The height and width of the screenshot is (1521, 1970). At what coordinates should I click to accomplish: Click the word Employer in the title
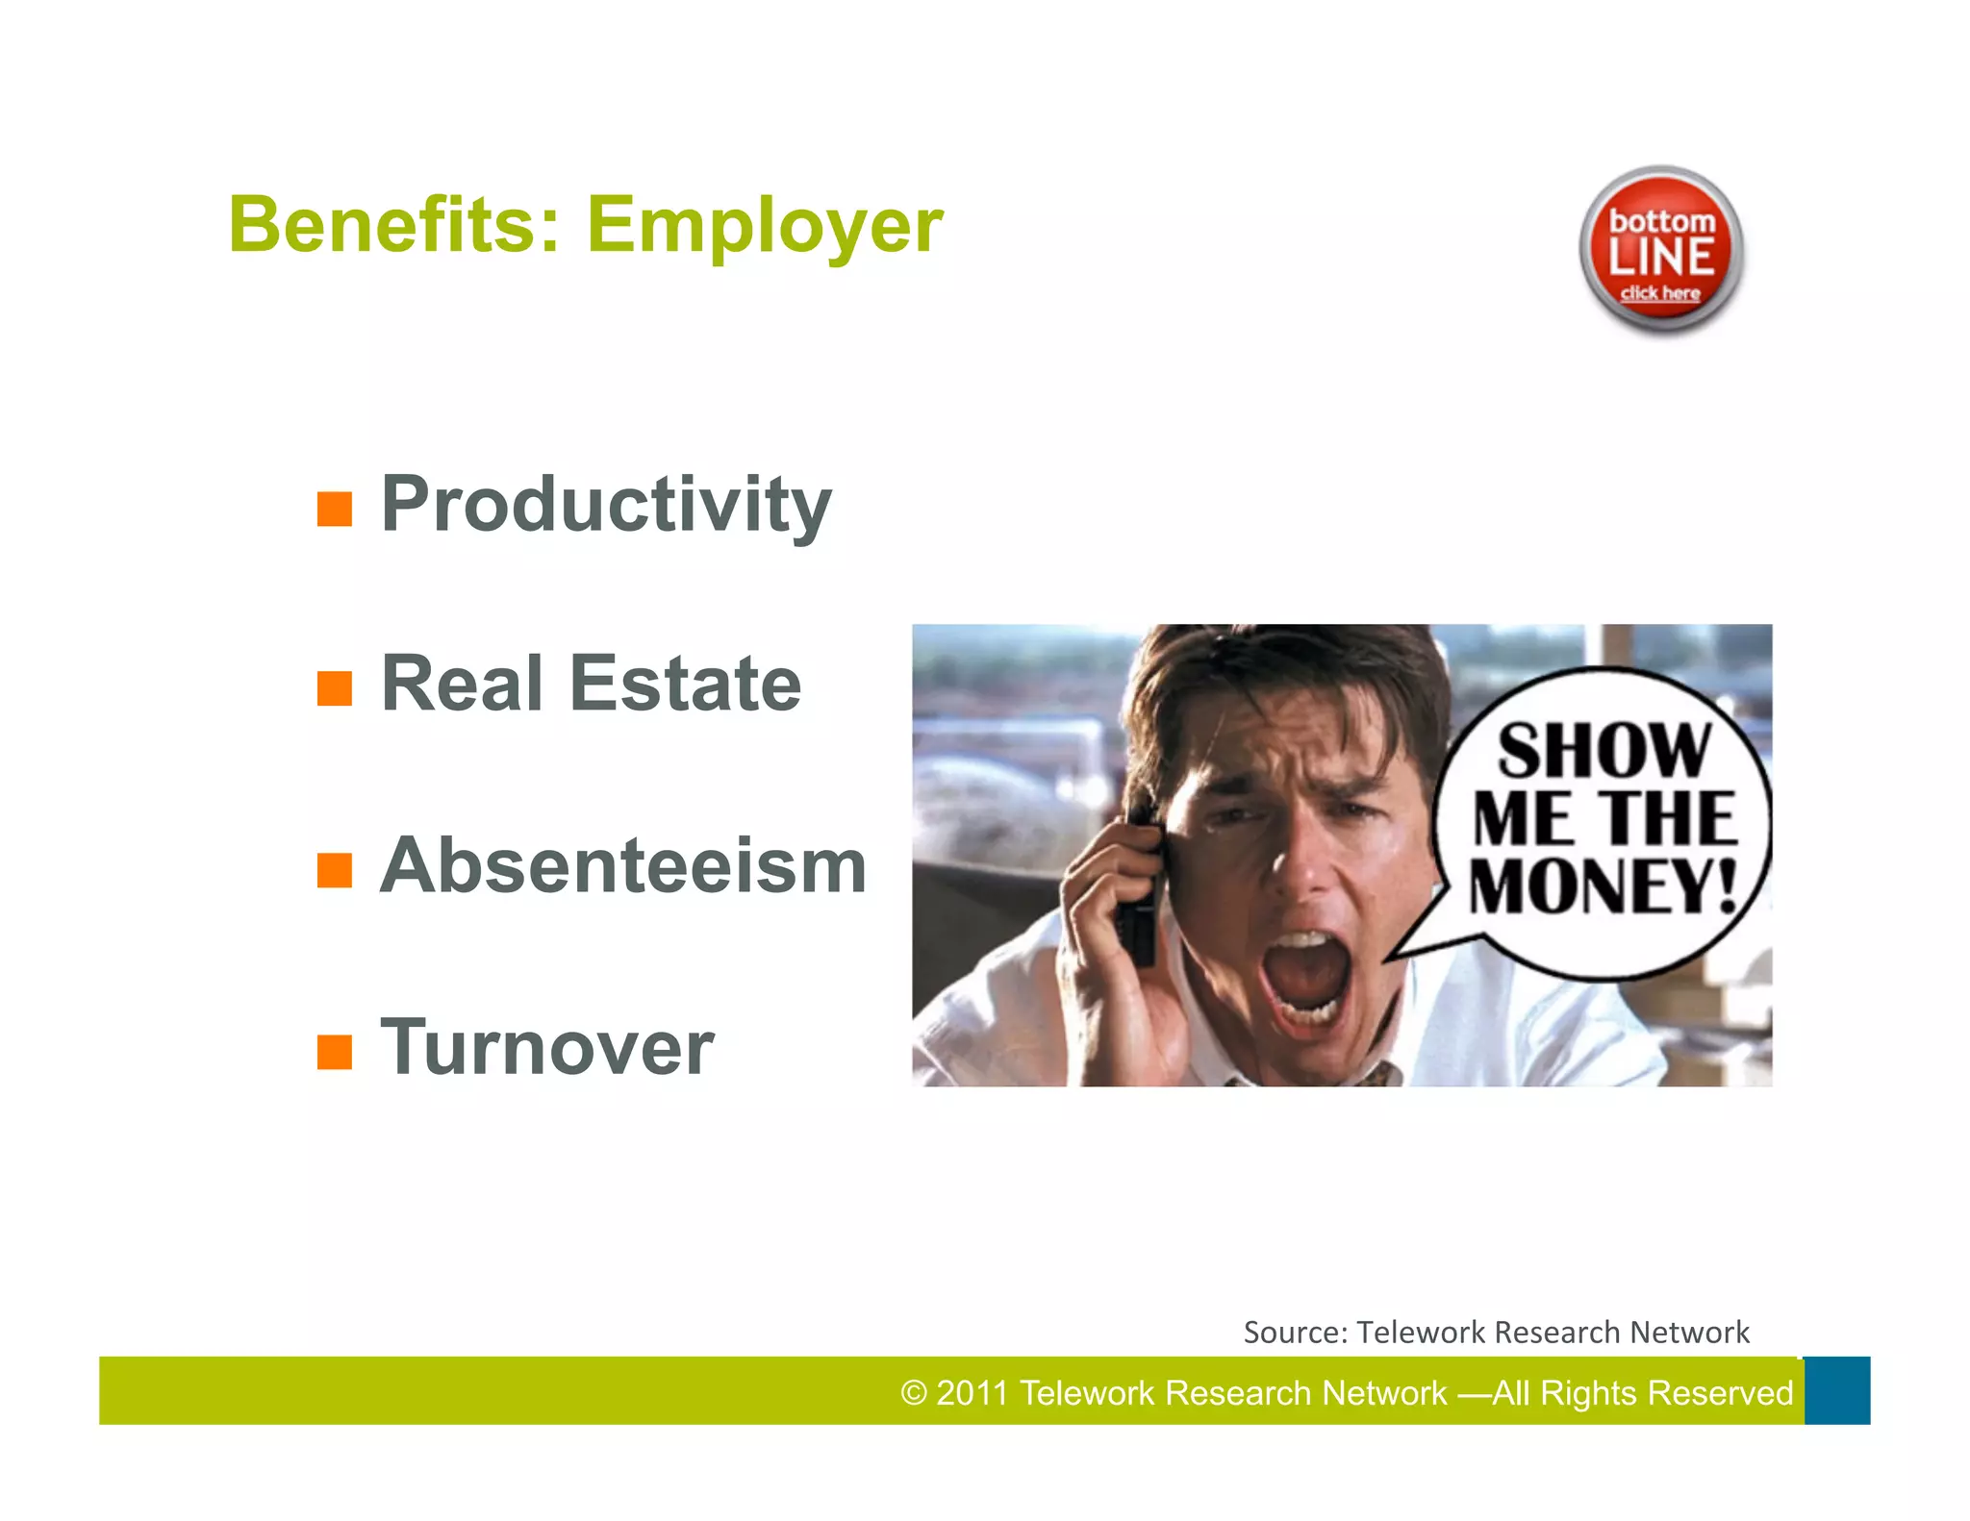[765, 227]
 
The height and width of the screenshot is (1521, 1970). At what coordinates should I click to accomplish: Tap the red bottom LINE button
[1661, 250]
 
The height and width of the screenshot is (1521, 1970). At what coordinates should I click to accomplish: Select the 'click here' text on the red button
[1660, 293]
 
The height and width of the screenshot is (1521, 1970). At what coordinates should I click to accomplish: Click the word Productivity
[606, 505]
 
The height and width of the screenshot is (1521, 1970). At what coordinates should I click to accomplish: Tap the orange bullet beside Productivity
[335, 509]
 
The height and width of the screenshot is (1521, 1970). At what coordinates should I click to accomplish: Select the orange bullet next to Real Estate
[335, 688]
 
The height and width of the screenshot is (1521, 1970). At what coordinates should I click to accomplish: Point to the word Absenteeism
[623, 865]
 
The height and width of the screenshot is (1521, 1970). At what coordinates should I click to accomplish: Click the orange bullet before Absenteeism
[335, 870]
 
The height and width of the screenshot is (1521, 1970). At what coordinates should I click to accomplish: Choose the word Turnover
[546, 1047]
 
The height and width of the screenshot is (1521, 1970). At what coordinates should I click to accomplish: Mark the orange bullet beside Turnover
[335, 1052]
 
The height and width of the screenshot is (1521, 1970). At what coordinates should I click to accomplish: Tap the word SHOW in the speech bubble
[1604, 751]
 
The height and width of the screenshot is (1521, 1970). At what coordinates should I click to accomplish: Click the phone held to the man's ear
[1138, 894]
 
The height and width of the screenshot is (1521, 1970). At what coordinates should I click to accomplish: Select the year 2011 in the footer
[971, 1393]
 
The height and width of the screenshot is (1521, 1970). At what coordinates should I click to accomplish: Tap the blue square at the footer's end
[1836, 1390]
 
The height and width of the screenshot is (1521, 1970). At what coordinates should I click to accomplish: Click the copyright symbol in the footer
[913, 1393]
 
